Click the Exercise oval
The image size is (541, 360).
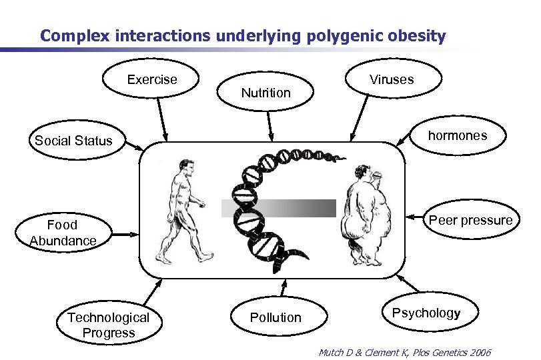coord(152,80)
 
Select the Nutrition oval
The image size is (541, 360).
coord(265,93)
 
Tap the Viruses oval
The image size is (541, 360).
coord(392,80)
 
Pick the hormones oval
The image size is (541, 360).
coord(458,136)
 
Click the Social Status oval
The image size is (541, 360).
coord(73,141)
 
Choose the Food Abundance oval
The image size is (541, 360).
coord(62,233)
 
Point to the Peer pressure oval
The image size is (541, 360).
coord(470,221)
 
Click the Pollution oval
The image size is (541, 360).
coord(276,318)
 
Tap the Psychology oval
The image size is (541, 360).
coord(426,313)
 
